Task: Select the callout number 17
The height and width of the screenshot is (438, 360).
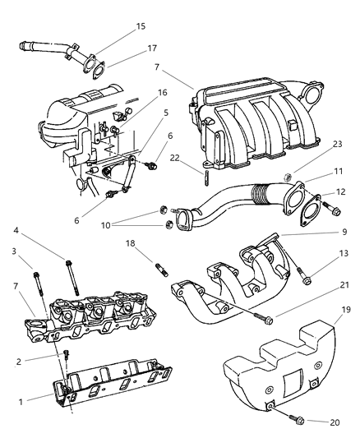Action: coord(150,48)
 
